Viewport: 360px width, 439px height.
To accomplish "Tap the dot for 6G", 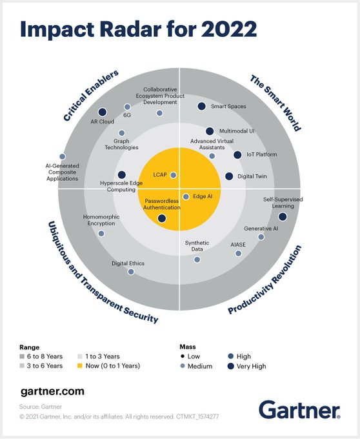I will [x=127, y=107].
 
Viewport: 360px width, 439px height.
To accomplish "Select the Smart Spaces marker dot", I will [x=201, y=107].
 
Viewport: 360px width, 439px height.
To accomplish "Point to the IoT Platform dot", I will [x=237, y=155].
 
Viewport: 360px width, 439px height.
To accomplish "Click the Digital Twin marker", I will [x=229, y=176].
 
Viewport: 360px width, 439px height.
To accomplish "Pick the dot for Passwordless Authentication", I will [x=161, y=218].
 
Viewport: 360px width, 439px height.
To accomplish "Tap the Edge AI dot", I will [x=186, y=196].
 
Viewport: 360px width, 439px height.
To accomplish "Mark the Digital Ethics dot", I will [x=131, y=272].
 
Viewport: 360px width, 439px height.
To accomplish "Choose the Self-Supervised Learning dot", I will [x=282, y=217].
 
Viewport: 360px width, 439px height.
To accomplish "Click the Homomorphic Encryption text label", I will [x=99, y=220].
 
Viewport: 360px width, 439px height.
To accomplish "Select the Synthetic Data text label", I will [x=197, y=246].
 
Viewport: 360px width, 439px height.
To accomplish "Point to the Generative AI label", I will [x=261, y=229].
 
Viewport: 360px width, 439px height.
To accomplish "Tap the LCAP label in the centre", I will [x=161, y=175].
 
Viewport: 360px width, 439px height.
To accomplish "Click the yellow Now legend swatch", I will [x=80, y=366].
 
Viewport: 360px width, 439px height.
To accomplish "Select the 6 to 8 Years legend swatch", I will [x=25, y=356].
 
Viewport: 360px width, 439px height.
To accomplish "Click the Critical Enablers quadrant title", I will [x=91, y=96].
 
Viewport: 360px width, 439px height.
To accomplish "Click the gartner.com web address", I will [x=52, y=391].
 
